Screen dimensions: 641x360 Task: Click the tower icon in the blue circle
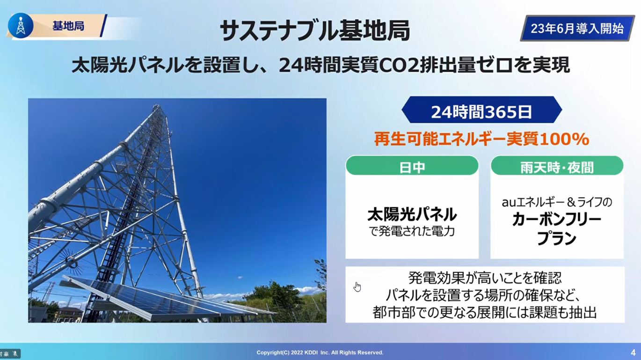point(21,25)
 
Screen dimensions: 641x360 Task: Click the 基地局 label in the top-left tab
point(68,26)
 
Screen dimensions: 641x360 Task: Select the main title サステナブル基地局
point(315,30)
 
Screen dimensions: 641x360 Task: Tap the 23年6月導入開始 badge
point(577,29)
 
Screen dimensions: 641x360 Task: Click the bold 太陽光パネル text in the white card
point(412,214)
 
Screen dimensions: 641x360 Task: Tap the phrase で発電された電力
point(412,231)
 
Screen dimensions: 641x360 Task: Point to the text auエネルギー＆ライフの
point(557,203)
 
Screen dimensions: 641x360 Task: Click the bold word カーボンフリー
point(557,220)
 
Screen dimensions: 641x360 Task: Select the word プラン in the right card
point(557,238)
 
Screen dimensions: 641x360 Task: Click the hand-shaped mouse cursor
point(357,287)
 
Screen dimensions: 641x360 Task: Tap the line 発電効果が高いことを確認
point(485,278)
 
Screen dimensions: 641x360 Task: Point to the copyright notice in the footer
point(320,353)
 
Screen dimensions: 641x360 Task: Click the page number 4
point(633,353)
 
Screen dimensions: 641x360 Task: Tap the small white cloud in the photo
point(240,278)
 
